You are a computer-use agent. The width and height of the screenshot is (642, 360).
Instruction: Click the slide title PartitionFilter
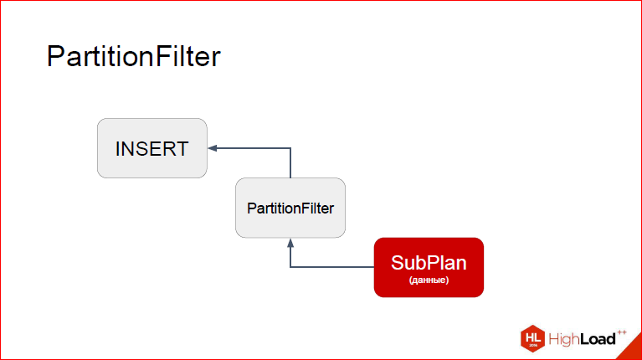pyautogui.click(x=133, y=57)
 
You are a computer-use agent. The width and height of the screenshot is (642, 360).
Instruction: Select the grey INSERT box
pyautogui.click(x=152, y=148)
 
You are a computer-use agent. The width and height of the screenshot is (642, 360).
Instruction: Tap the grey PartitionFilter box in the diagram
pyautogui.click(x=290, y=208)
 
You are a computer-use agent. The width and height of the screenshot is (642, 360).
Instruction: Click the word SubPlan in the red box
pyautogui.click(x=429, y=263)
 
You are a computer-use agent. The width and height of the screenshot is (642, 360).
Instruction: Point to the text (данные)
pyautogui.click(x=429, y=280)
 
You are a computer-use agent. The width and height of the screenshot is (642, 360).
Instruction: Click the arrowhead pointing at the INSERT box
pyautogui.click(x=213, y=148)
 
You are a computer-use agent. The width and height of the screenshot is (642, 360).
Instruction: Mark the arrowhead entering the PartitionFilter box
pyautogui.click(x=290, y=243)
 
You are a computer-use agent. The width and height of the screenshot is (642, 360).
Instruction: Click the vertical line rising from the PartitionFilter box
pyautogui.click(x=290, y=163)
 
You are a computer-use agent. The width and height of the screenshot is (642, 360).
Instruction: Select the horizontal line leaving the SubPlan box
pyautogui.click(x=332, y=267)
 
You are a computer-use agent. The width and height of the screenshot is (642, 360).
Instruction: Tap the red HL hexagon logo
pyautogui.click(x=532, y=339)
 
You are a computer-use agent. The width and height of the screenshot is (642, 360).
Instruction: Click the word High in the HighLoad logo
pyautogui.click(x=563, y=339)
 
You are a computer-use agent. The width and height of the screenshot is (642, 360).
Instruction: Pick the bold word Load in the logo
pyautogui.click(x=598, y=339)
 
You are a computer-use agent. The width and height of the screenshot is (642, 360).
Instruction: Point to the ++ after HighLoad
pyautogui.click(x=622, y=332)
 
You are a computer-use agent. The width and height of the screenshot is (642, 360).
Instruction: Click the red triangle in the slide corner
pyautogui.click(x=633, y=350)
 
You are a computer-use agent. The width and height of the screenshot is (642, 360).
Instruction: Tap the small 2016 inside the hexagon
pyautogui.click(x=533, y=346)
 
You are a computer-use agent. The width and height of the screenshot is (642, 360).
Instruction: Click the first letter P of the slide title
pyautogui.click(x=55, y=56)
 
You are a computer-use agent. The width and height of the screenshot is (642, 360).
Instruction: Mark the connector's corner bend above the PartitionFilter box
pyautogui.click(x=290, y=148)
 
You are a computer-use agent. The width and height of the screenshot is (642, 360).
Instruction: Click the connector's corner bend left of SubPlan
pyautogui.click(x=290, y=267)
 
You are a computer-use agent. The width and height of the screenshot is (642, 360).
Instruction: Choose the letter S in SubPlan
pyautogui.click(x=398, y=263)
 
